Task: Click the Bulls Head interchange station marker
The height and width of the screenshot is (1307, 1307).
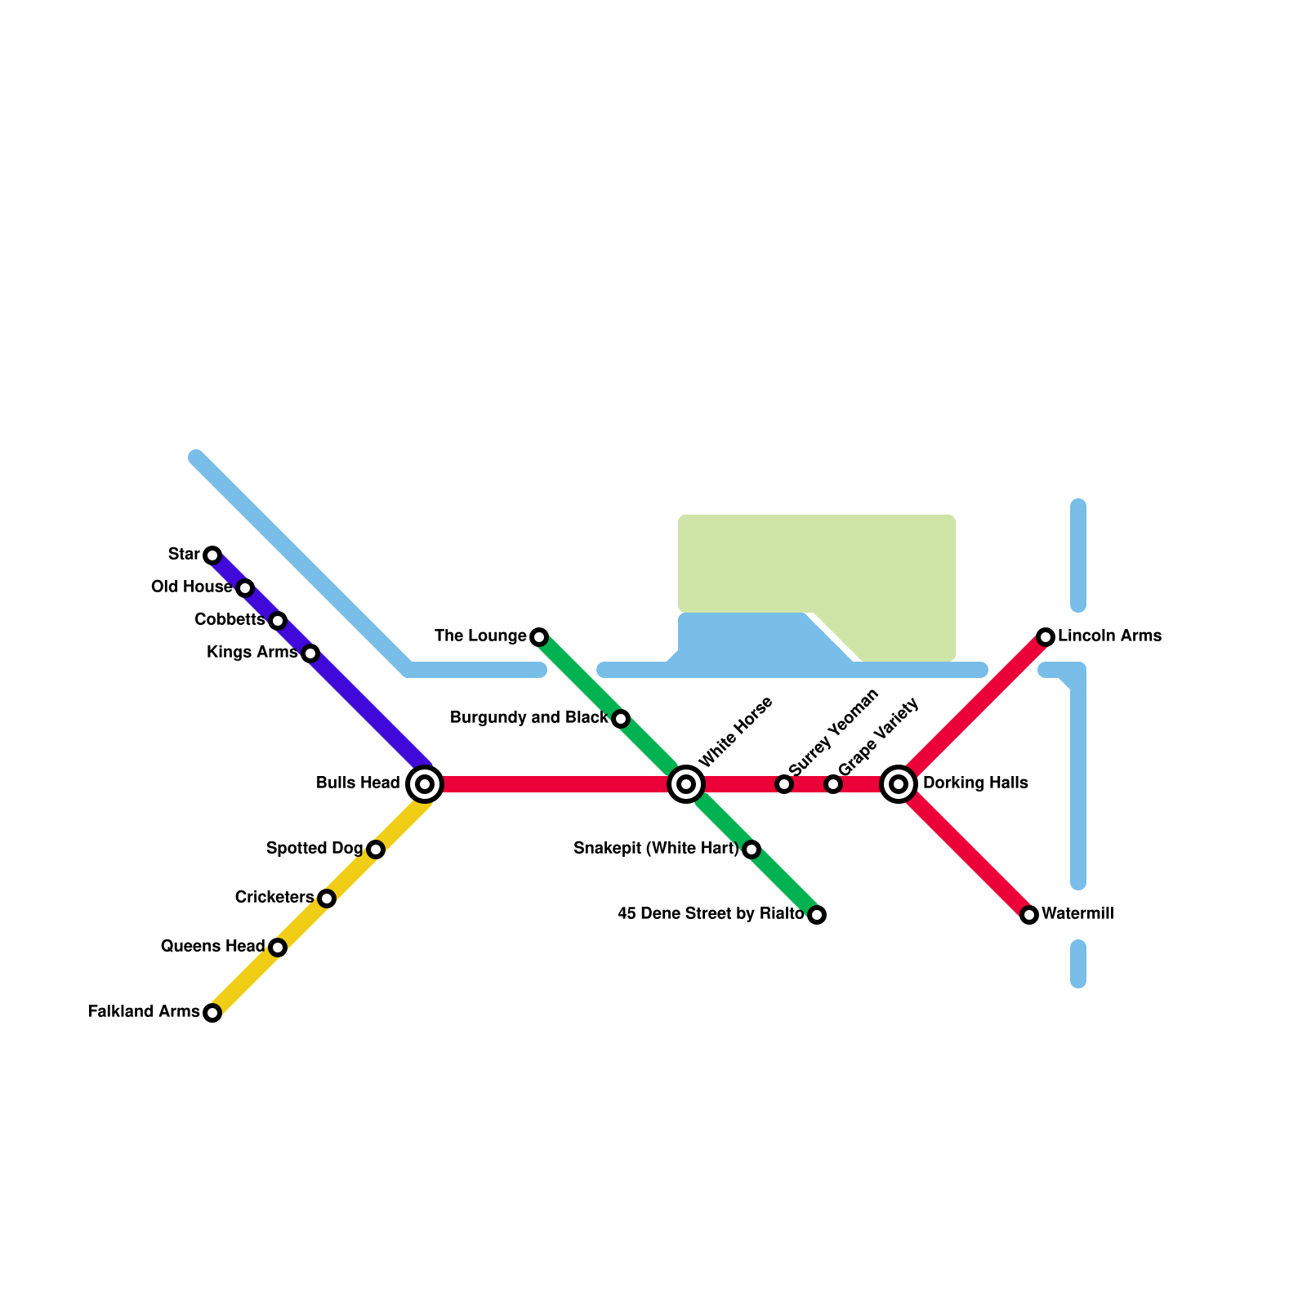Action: click(425, 784)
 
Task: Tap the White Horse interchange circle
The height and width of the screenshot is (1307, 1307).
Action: click(686, 784)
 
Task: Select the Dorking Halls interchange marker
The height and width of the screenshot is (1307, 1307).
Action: click(899, 784)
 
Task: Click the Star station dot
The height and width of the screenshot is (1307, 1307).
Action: click(212, 555)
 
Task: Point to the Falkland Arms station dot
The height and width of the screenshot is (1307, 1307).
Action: click(212, 1013)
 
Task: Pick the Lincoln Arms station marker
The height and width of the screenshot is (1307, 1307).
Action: click(1046, 637)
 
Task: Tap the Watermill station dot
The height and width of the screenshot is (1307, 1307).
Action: click(1029, 915)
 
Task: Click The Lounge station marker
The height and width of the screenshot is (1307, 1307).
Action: click(539, 637)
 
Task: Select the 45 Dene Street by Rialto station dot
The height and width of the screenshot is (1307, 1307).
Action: click(817, 915)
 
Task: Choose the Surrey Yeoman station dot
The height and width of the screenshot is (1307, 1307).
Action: click(784, 784)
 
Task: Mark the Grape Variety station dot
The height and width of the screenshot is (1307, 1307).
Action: click(833, 784)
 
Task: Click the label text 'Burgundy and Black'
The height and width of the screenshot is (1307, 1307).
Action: click(529, 718)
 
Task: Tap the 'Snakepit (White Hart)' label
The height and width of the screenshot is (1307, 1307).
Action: click(655, 849)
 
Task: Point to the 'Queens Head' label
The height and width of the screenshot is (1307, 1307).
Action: click(212, 947)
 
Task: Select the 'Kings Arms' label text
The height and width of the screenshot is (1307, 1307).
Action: click(252, 653)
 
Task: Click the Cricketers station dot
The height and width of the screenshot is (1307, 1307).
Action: click(327, 899)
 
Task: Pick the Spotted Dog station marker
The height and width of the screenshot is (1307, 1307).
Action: click(376, 850)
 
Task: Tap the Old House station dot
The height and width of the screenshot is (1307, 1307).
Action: click(245, 588)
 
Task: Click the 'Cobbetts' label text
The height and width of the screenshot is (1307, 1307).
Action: click(229, 620)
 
